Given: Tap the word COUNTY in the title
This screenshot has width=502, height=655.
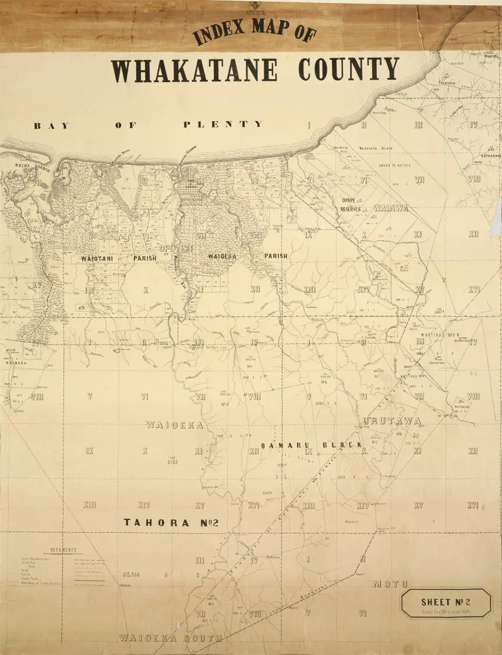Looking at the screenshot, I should click(x=348, y=69).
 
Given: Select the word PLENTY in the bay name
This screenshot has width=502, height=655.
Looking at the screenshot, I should click(x=223, y=124).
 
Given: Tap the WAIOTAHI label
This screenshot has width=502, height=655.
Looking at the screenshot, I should click(x=97, y=258).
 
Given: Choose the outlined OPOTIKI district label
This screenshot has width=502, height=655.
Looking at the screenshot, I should click(x=175, y=249).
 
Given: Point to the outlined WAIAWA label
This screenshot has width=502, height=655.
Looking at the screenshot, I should click(x=391, y=208).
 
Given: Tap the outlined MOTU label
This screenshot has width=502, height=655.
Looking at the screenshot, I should click(x=390, y=584).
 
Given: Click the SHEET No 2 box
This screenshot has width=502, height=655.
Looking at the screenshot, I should click(x=446, y=604).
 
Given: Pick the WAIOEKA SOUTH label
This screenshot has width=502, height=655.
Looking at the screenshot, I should click(x=170, y=638).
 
